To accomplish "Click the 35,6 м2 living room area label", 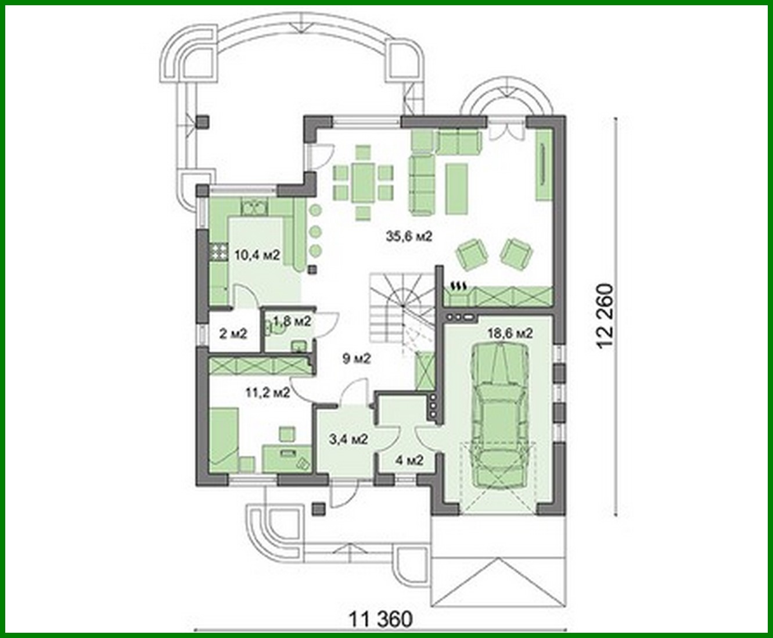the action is click(x=409, y=236).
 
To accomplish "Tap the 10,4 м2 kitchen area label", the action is click(x=257, y=255).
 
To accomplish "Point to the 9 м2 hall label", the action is click(x=356, y=359).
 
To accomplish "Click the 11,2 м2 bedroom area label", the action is click(x=268, y=392).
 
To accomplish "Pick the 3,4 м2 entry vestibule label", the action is click(x=348, y=439).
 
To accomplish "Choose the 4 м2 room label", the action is click(x=409, y=460).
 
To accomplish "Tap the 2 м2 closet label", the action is click(x=233, y=334).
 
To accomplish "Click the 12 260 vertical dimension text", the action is click(x=605, y=315).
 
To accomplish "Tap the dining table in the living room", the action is click(x=363, y=182).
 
